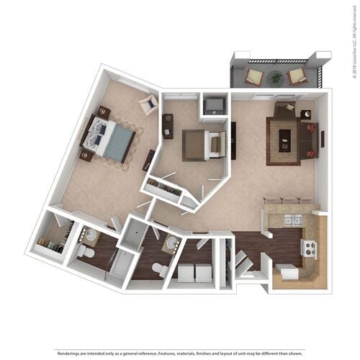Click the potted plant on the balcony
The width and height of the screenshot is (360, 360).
276,76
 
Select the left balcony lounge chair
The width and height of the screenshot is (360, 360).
255,76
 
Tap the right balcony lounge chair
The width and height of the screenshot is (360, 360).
297,76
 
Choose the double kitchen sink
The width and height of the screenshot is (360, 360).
292,220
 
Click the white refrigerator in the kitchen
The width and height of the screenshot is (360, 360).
287,272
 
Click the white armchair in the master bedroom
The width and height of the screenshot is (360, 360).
150,104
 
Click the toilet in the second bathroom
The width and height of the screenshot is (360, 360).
160,269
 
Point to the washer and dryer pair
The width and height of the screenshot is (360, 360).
194,272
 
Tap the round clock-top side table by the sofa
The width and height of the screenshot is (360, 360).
305,114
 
